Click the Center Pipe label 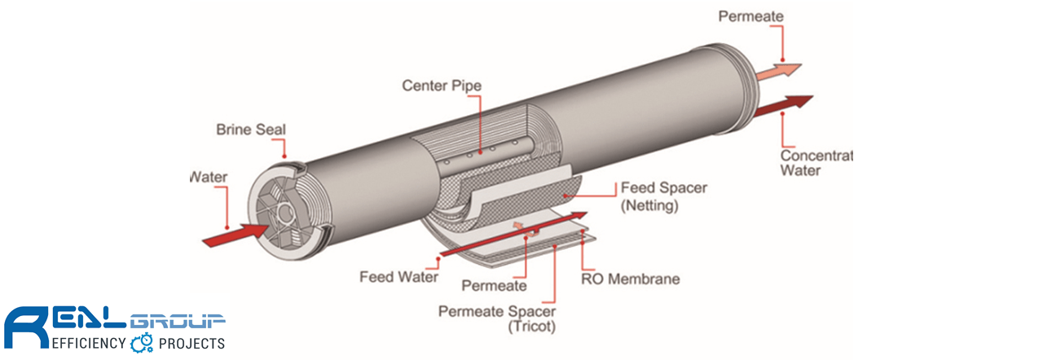coord(442,86)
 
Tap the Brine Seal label coord(251,130)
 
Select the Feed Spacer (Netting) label coord(663,196)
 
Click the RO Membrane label coord(631,279)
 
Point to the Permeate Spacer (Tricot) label coord(497,318)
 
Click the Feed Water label coord(398,277)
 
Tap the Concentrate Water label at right coord(816,163)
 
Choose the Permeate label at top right coord(750,16)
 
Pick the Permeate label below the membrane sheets coord(494,286)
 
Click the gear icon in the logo coord(141,342)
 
